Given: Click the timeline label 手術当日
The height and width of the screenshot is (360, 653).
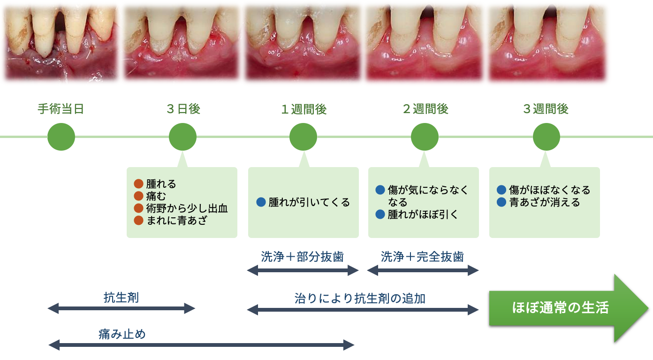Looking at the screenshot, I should [x=61, y=109].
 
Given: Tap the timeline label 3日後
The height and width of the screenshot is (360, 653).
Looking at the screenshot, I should [x=183, y=109].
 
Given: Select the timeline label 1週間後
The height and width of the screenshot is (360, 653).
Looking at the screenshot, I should [x=304, y=109].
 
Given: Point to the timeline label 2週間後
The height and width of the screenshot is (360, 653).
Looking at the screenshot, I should [x=425, y=109].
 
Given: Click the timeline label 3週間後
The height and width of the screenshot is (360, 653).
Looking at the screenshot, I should [x=546, y=109].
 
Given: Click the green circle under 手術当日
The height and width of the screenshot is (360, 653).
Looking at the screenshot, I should [x=61, y=137].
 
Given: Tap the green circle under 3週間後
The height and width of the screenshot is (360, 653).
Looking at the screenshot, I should [x=547, y=137].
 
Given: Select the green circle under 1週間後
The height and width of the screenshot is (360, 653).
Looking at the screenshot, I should [x=304, y=137].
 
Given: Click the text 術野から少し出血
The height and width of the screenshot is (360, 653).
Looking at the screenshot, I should [x=187, y=208].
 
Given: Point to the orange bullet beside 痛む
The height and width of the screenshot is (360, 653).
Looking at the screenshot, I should [x=138, y=196].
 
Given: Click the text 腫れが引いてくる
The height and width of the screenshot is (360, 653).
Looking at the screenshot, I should [x=309, y=202].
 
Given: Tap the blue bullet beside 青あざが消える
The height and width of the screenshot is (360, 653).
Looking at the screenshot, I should [x=501, y=202].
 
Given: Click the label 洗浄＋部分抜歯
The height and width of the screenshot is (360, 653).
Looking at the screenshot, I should [x=302, y=257].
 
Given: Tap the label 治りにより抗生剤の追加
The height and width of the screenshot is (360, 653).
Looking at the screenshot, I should [x=360, y=298].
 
